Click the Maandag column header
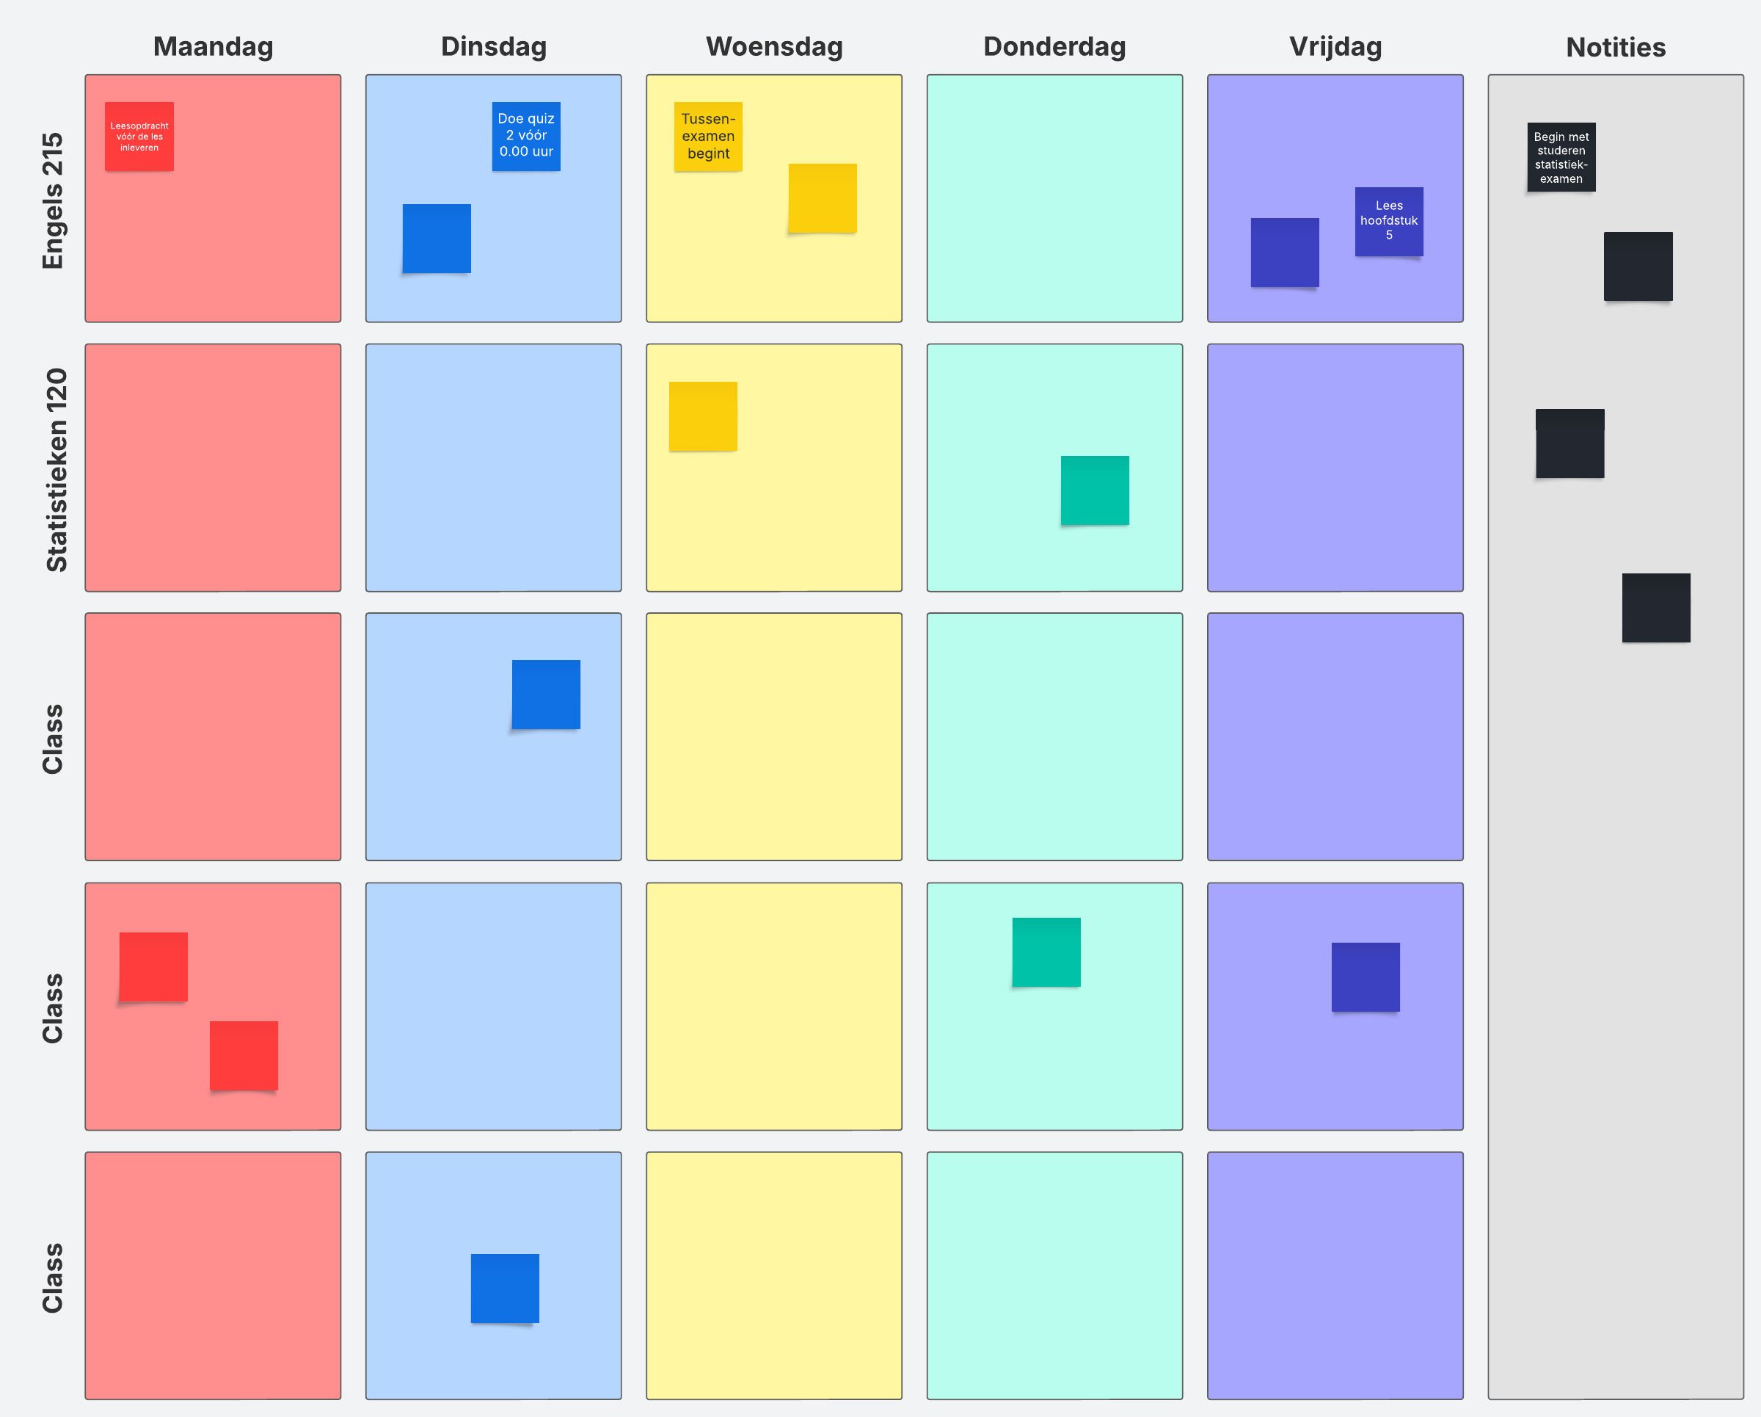pyautogui.click(x=214, y=46)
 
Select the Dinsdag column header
pyautogui.click(x=493, y=46)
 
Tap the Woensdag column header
pyautogui.click(x=773, y=46)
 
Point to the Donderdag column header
pyautogui.click(x=1054, y=46)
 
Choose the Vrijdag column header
pyautogui.click(x=1335, y=46)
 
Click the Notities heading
pyautogui.click(x=1615, y=48)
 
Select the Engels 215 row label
pyautogui.click(x=53, y=200)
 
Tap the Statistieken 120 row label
pyautogui.click(x=56, y=469)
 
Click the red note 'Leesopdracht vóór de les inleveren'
pyautogui.click(x=139, y=137)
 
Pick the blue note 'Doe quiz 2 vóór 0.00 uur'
pyautogui.click(x=526, y=136)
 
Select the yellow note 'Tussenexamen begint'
pyautogui.click(x=708, y=137)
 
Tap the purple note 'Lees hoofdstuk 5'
pyautogui.click(x=1388, y=222)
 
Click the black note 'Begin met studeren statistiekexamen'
pyautogui.click(x=1561, y=157)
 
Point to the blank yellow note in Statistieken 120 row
pyautogui.click(x=702, y=416)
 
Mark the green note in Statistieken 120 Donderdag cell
pyautogui.click(x=1095, y=490)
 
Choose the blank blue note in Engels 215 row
pyautogui.click(x=436, y=238)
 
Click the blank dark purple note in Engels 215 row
pyautogui.click(x=1284, y=253)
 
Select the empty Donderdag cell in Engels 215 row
pyautogui.click(x=1054, y=198)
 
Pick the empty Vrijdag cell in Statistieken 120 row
pyautogui.click(x=1335, y=468)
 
